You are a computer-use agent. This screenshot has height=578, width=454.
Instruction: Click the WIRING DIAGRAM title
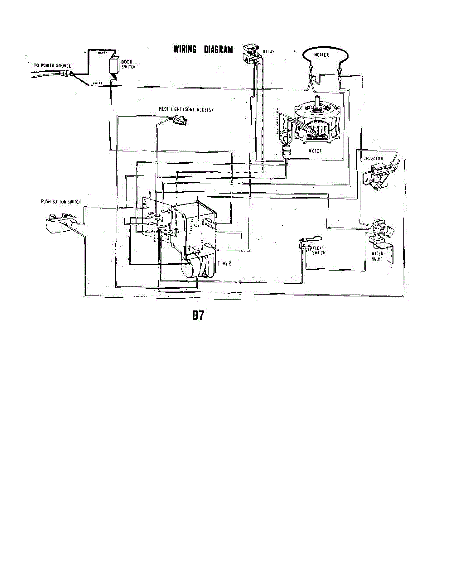click(203, 49)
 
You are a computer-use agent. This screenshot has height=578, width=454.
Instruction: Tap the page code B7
click(199, 315)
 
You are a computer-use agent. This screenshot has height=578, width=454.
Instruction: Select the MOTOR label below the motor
click(314, 151)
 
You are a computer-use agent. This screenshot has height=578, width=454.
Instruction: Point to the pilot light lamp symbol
click(177, 120)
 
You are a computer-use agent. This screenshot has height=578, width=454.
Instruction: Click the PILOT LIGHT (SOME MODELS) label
click(186, 110)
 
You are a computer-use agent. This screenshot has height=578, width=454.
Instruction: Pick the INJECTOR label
click(374, 158)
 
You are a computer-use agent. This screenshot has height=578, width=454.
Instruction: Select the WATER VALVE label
click(377, 256)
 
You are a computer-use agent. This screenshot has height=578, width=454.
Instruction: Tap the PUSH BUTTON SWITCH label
click(60, 202)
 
